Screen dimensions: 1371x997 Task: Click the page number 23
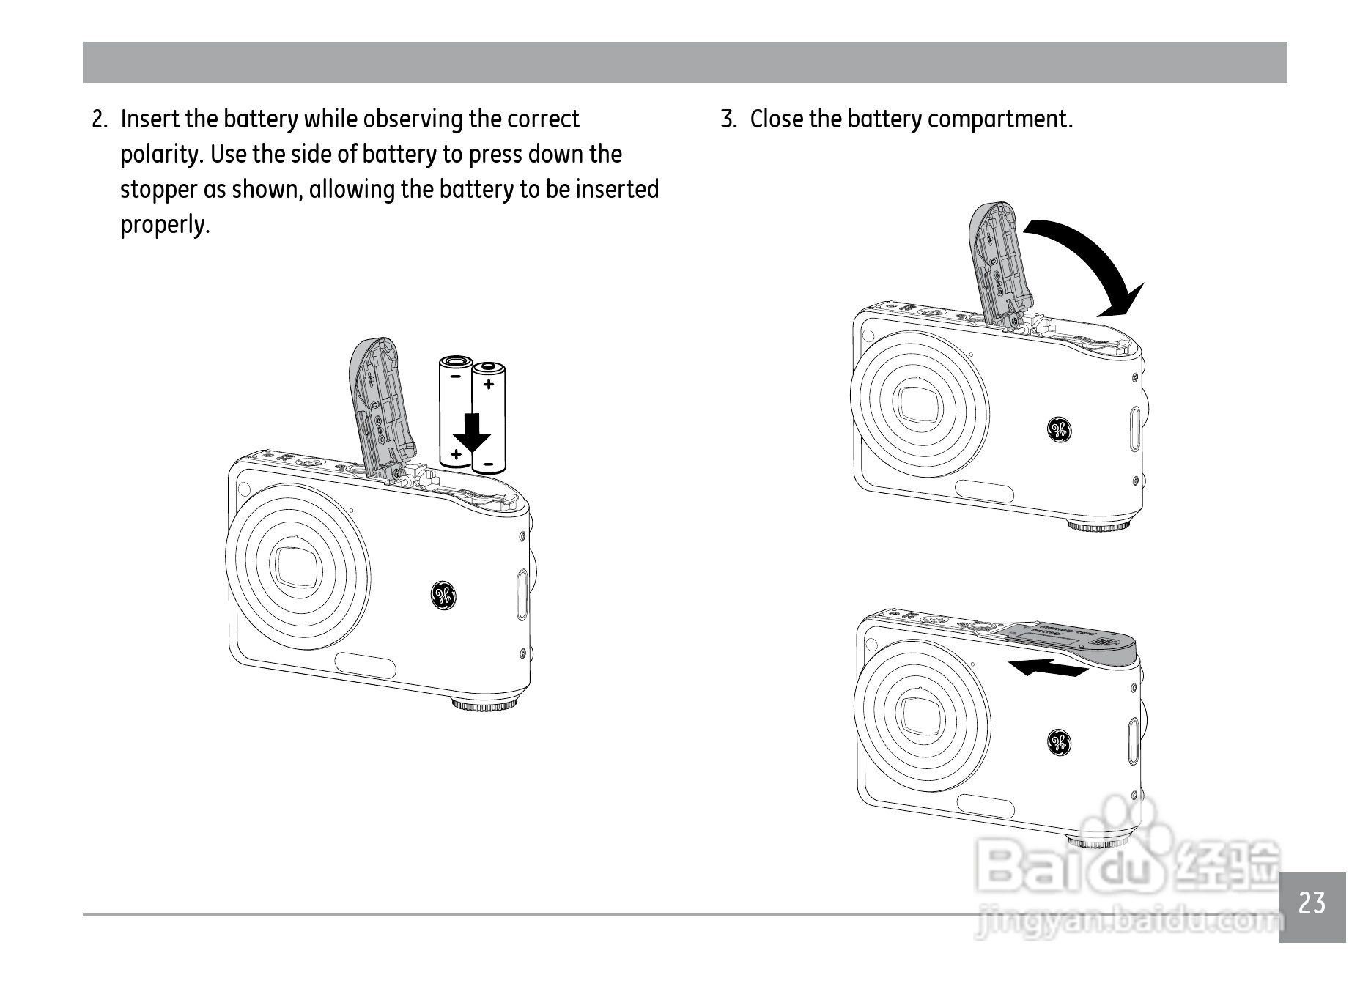pyautogui.click(x=1312, y=903)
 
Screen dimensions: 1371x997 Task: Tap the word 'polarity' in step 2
pyautogui.click(x=162, y=155)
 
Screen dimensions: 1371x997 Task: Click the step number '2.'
pyautogui.click(x=100, y=119)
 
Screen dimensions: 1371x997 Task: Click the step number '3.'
pyautogui.click(x=729, y=119)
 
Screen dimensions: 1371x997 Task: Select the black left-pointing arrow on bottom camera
pyautogui.click(x=1048, y=667)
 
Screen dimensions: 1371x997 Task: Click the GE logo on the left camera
pyautogui.click(x=443, y=595)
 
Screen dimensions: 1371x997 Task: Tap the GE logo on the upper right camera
pyautogui.click(x=1059, y=430)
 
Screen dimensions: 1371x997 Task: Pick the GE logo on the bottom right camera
pyautogui.click(x=1059, y=743)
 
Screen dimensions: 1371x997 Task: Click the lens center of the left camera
pyautogui.click(x=298, y=565)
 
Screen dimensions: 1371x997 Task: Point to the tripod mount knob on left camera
pyautogui.click(x=484, y=705)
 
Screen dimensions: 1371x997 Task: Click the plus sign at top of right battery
pyautogui.click(x=489, y=383)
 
